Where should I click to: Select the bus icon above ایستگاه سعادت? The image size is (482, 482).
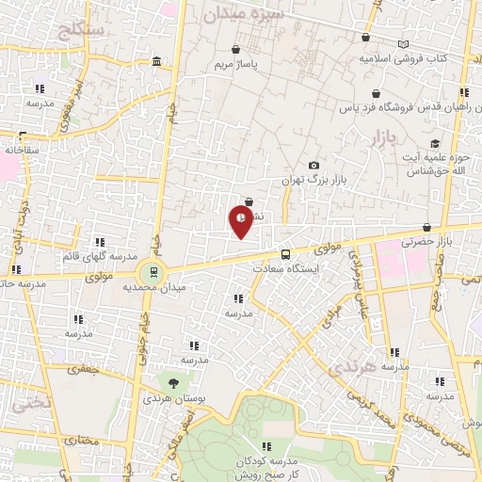tap(286, 253)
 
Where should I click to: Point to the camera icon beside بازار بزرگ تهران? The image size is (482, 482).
tap(313, 165)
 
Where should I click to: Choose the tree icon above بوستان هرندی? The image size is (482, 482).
tap(173, 382)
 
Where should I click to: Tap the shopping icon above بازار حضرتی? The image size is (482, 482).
tap(428, 227)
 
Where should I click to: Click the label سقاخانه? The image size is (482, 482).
tap(20, 149)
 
